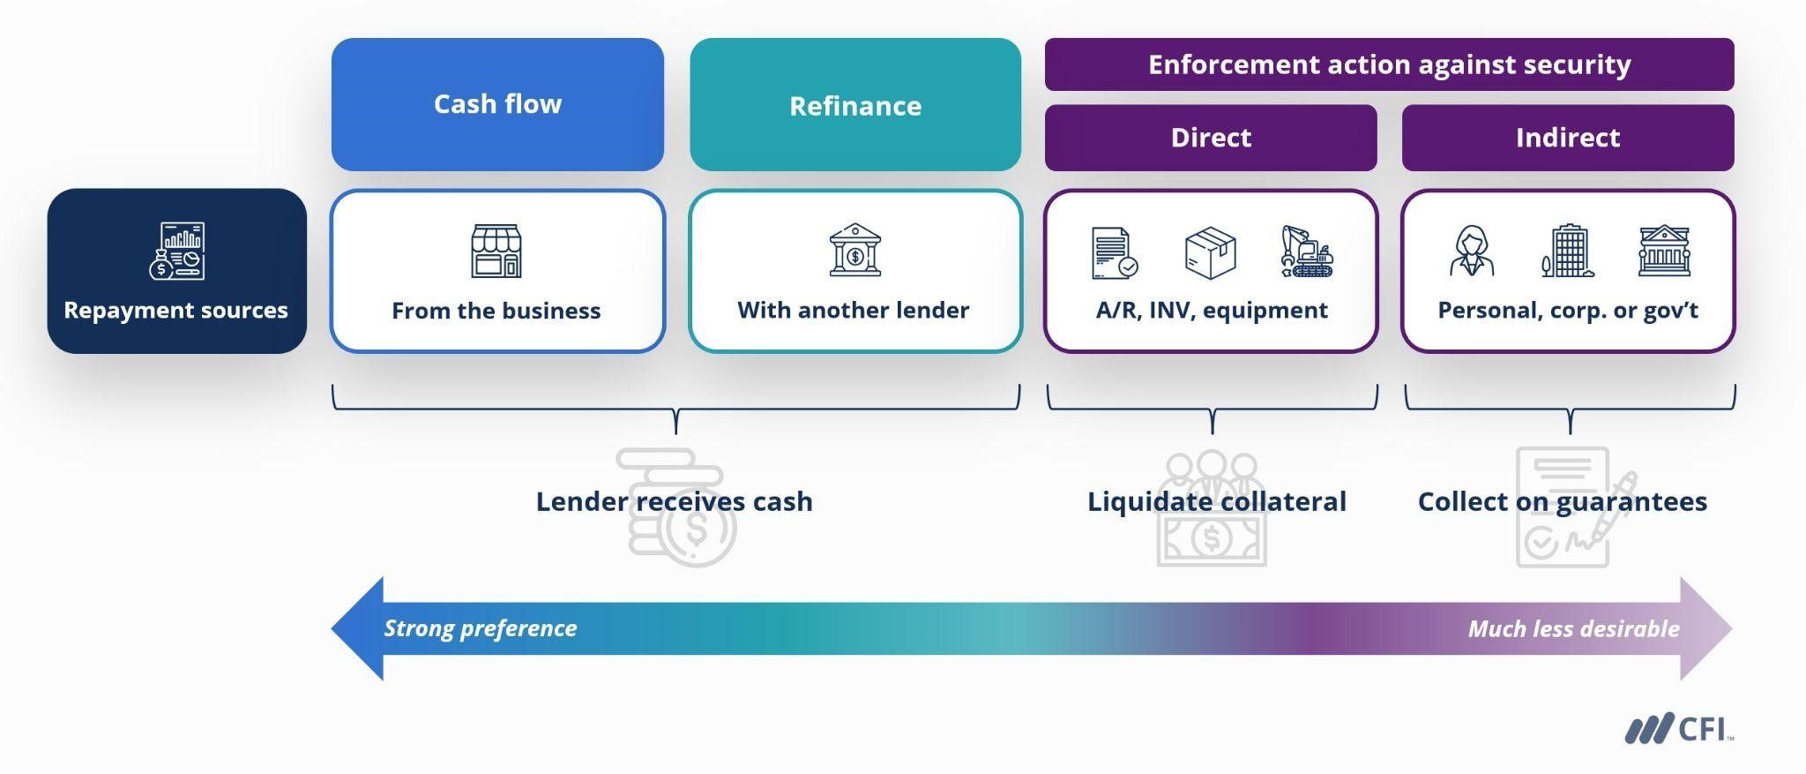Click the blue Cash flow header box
[x=497, y=104]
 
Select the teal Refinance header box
[x=854, y=106]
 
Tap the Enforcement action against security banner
[x=1389, y=64]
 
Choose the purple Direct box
[x=1211, y=138]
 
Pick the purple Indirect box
[x=1567, y=138]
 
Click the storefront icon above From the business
[x=496, y=251]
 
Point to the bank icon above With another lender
[x=854, y=251]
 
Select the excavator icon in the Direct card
[x=1307, y=252]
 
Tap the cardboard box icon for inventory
[x=1210, y=252]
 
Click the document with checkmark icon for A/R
[x=1114, y=253]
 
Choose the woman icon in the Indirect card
[x=1472, y=252]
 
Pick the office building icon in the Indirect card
[x=1567, y=252]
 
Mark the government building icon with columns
[x=1664, y=252]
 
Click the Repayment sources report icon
[x=177, y=252]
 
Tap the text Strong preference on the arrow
[x=480, y=628]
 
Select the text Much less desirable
[x=1573, y=629]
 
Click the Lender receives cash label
[x=674, y=501]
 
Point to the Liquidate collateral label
[x=1216, y=501]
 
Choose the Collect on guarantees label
[x=1562, y=501]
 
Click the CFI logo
[x=1677, y=730]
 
